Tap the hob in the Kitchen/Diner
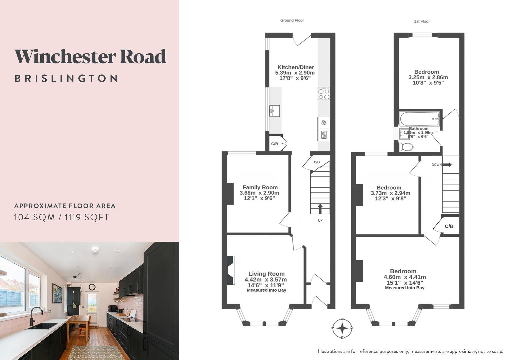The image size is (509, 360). (x=324, y=93)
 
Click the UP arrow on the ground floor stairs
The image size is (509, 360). (x=320, y=209)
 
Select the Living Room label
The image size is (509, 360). (x=266, y=274)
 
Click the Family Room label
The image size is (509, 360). (x=260, y=187)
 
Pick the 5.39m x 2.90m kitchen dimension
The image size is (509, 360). (x=295, y=73)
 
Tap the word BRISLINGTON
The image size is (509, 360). (x=66, y=79)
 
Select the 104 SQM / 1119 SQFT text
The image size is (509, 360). (x=61, y=217)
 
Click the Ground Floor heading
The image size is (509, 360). (x=292, y=20)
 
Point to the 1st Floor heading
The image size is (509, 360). (x=422, y=21)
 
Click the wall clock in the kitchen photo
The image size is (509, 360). (x=92, y=287)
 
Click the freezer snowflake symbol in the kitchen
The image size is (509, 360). (x=323, y=123)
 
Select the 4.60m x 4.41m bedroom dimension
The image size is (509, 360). (x=405, y=277)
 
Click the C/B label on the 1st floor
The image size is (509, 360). (x=449, y=226)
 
